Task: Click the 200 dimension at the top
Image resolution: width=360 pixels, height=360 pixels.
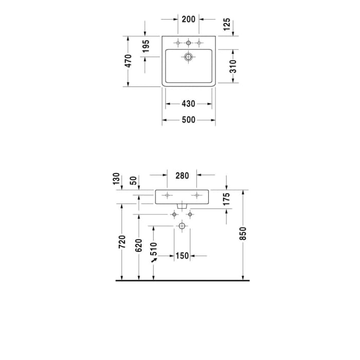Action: [189, 20]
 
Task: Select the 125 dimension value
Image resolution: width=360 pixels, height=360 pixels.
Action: [227, 25]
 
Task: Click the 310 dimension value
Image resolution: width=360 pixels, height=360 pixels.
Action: [232, 66]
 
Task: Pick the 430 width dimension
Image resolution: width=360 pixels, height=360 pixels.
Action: [189, 104]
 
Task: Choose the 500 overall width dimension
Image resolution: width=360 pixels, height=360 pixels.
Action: [189, 120]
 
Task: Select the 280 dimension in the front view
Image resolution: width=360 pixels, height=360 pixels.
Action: [182, 175]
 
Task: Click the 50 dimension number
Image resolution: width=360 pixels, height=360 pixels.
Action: [133, 180]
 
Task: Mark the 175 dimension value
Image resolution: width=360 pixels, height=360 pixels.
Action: [227, 198]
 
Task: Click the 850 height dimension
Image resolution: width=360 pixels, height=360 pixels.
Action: [244, 233]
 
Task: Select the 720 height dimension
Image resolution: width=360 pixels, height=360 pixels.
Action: [122, 242]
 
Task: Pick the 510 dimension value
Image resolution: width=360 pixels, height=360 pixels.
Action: [153, 250]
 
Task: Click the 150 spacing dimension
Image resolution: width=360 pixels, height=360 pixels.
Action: [182, 256]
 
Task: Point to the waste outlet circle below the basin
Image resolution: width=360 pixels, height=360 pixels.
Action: [182, 226]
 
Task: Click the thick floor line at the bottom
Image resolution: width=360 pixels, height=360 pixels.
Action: [182, 281]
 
